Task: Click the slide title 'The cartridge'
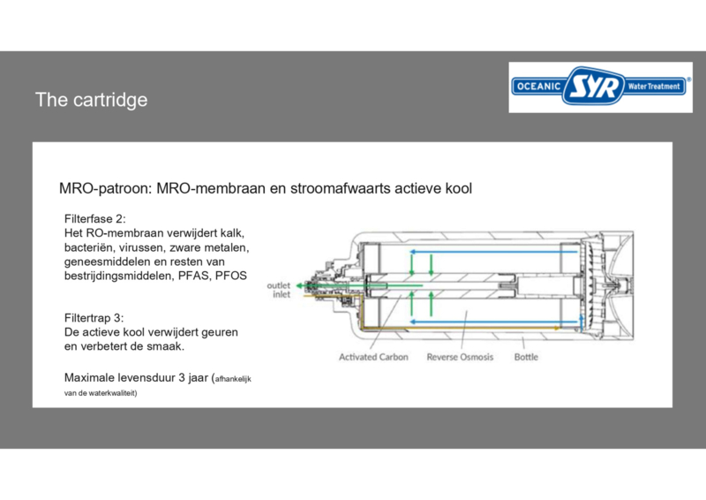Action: (x=92, y=100)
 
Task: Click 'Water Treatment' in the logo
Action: (x=654, y=86)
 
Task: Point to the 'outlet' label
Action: (x=278, y=285)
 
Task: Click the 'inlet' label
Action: (x=282, y=294)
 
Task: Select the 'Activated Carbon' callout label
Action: (x=373, y=357)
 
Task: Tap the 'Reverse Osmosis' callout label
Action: (x=460, y=357)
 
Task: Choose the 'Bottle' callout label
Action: (x=526, y=357)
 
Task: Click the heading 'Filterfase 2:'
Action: (x=95, y=219)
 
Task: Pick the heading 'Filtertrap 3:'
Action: (x=94, y=318)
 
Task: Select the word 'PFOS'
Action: (x=231, y=276)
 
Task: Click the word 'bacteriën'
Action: (x=89, y=247)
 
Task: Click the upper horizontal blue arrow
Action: (x=493, y=252)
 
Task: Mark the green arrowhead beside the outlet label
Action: (x=299, y=286)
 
